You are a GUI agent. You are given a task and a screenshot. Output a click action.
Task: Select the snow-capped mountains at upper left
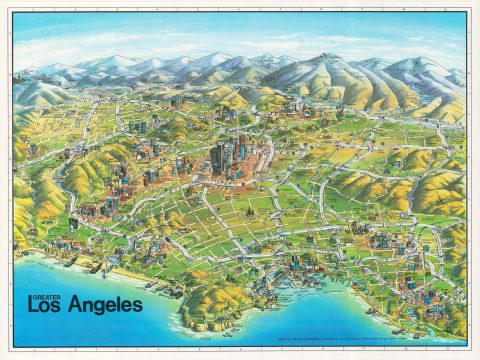[60, 70]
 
